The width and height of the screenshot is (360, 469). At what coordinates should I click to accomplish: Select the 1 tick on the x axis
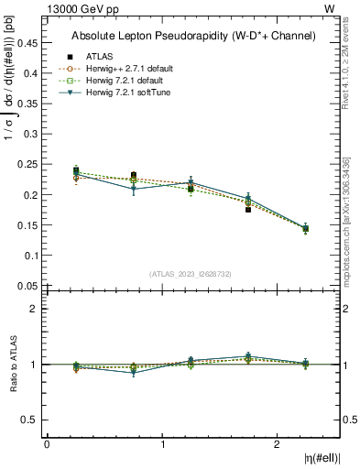[162, 444]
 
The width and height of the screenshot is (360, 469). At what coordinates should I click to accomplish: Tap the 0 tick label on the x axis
[47, 444]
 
